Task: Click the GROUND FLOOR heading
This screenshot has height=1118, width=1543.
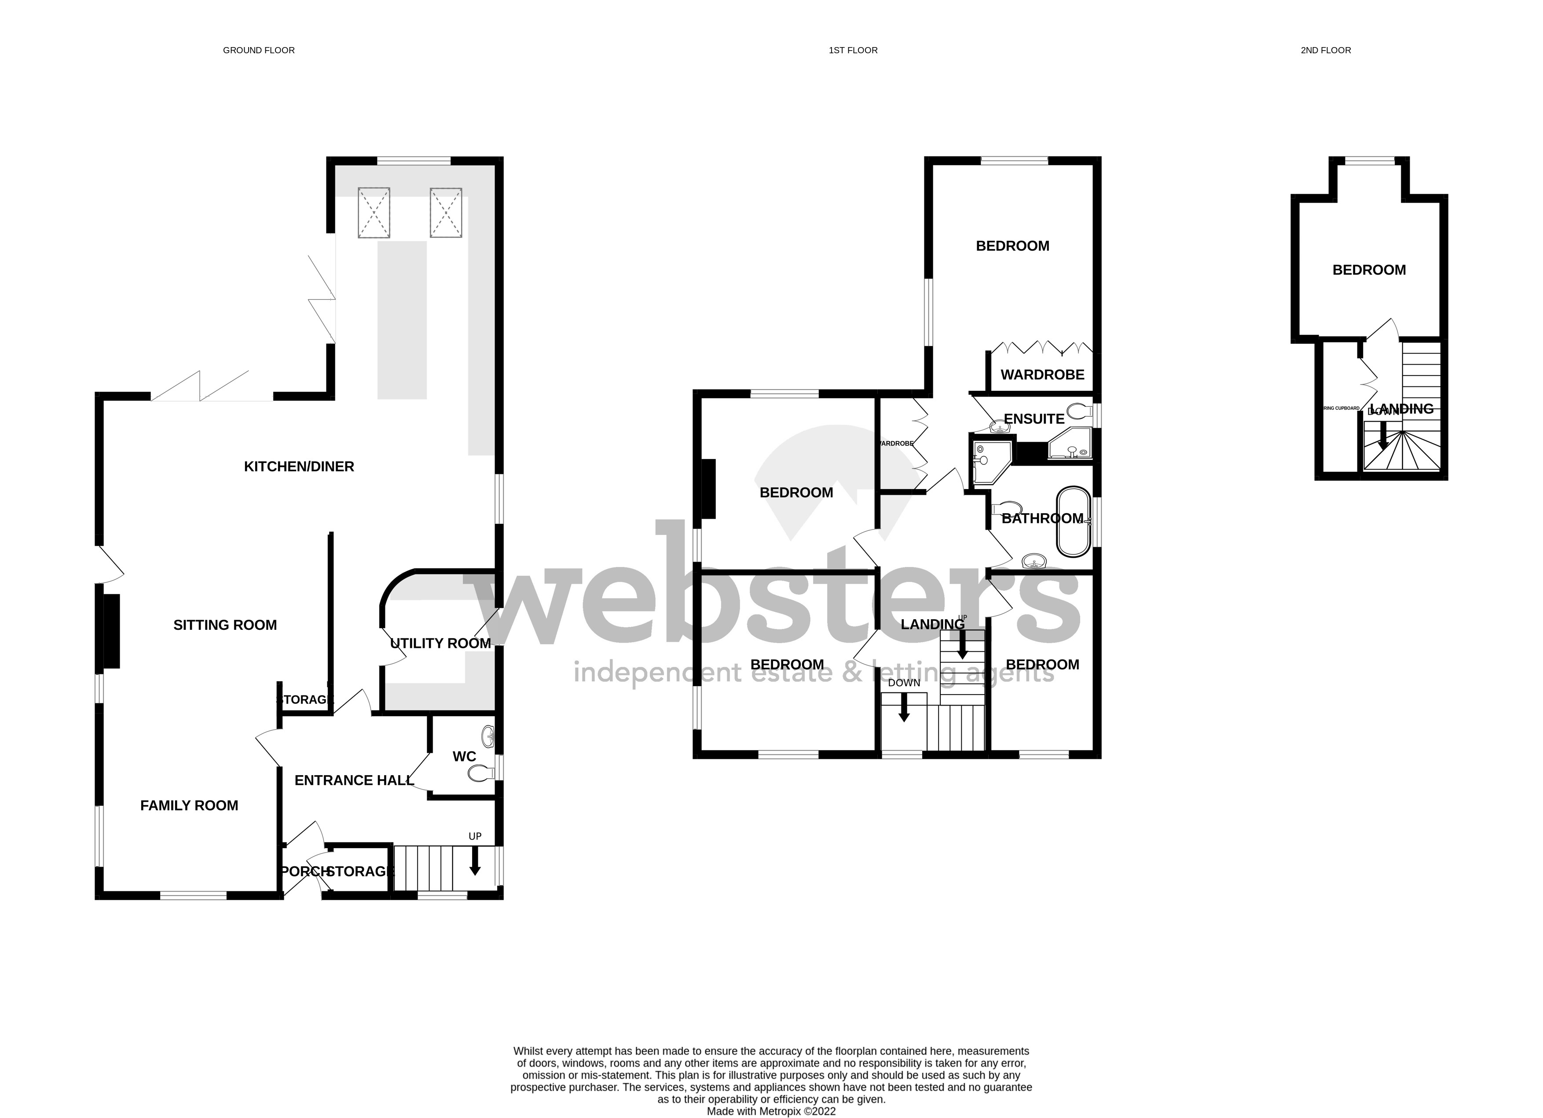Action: pyautogui.click(x=259, y=50)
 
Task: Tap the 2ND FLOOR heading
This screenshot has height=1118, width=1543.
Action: pyautogui.click(x=1325, y=50)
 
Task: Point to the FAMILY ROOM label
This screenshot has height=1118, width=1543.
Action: pyautogui.click(x=189, y=805)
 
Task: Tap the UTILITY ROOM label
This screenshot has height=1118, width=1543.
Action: pyautogui.click(x=440, y=643)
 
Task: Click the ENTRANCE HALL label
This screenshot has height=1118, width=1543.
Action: pyautogui.click(x=354, y=780)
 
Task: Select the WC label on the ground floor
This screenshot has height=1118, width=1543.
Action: pyautogui.click(x=464, y=757)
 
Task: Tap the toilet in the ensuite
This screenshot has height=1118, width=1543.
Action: pyautogui.click(x=1078, y=410)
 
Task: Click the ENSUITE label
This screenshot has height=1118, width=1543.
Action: pyautogui.click(x=1034, y=419)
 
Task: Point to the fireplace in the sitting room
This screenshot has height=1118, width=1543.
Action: pyautogui.click(x=111, y=631)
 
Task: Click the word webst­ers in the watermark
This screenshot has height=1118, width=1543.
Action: pyautogui.click(x=776, y=585)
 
